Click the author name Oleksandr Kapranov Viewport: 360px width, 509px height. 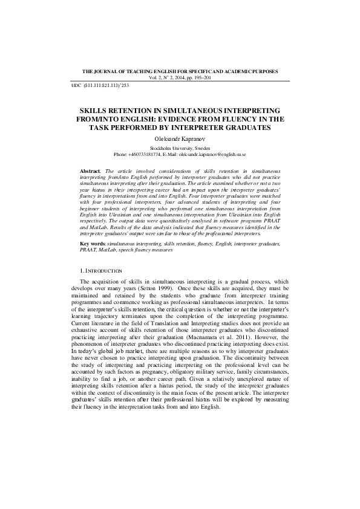[x=180, y=138]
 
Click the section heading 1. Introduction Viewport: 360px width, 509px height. [x=100, y=270]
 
